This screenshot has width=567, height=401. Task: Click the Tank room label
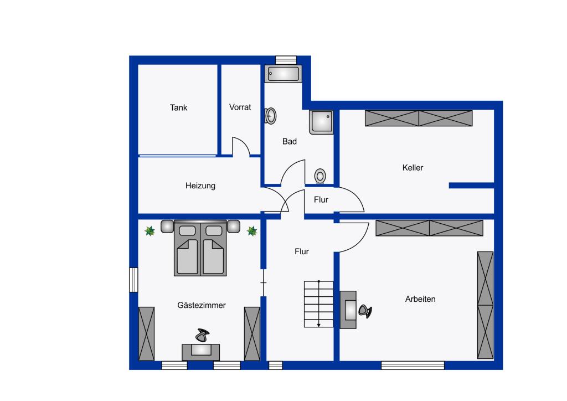pos(179,107)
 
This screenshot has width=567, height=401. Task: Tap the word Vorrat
pos(240,107)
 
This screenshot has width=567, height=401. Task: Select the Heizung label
pos(200,186)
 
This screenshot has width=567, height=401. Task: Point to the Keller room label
pos(413,167)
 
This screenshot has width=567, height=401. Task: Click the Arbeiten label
pos(420,299)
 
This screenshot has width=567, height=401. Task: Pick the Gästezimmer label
pos(202,305)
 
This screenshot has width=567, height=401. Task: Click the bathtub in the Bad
pos(283,74)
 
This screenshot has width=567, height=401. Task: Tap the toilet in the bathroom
pos(320,176)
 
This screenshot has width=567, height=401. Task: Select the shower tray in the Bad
pos(321,122)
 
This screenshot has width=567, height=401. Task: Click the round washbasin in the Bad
pos(270,116)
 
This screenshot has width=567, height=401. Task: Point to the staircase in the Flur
pos(318,304)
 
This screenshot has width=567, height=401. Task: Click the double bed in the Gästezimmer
pos(200,248)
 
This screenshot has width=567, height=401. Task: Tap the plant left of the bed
pos(150,231)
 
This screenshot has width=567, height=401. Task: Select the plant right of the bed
pos(252,231)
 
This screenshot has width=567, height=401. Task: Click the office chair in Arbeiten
pos(365,311)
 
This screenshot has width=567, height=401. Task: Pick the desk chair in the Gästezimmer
pos(203,335)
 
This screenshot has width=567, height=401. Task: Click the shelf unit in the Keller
pos(419,118)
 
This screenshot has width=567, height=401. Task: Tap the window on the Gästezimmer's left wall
pos(134,280)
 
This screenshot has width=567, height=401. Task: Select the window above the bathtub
pos(286,60)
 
